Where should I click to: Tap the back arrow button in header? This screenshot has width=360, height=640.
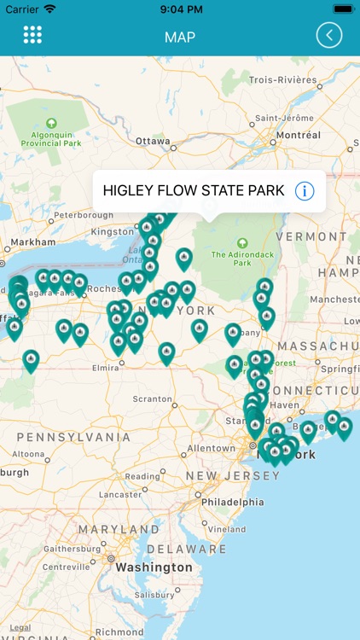[x=328, y=35]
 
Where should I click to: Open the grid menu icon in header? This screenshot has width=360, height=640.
[x=32, y=35]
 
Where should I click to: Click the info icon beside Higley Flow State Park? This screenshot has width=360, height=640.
[x=304, y=190]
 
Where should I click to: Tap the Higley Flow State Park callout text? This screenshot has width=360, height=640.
[x=194, y=190]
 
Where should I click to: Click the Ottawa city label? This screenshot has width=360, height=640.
[x=154, y=141]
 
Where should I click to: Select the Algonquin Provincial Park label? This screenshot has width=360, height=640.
[x=51, y=138]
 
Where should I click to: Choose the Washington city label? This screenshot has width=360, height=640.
[x=154, y=567]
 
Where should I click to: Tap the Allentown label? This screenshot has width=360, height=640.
[x=211, y=448]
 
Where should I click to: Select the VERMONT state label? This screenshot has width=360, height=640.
[x=311, y=236]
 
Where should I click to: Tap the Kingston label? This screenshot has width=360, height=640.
[x=113, y=231]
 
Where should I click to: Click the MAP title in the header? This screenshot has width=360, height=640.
[x=180, y=37]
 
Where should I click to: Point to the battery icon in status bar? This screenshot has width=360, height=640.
[x=343, y=9]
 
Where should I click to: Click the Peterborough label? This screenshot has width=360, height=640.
[x=83, y=215]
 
